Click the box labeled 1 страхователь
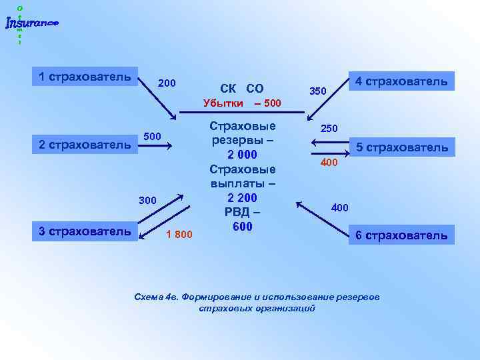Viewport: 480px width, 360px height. tap(85, 76)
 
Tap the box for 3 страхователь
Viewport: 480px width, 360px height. tap(85, 231)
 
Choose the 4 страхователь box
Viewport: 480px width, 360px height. tap(401, 81)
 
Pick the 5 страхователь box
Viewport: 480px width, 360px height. tap(401, 147)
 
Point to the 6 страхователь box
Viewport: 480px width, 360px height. tap(401, 235)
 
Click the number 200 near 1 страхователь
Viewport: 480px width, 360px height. tap(167, 83)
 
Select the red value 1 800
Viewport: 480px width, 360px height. tap(179, 234)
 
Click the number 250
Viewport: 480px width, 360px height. tap(329, 127)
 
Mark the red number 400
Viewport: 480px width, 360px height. tap(329, 162)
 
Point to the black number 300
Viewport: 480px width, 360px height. tap(147, 199)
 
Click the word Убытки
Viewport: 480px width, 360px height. tap(223, 104)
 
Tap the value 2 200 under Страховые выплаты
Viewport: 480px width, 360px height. tap(242, 198)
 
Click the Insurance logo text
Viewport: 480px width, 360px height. tap(31, 24)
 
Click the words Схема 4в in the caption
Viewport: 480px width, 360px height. tap(155, 297)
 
